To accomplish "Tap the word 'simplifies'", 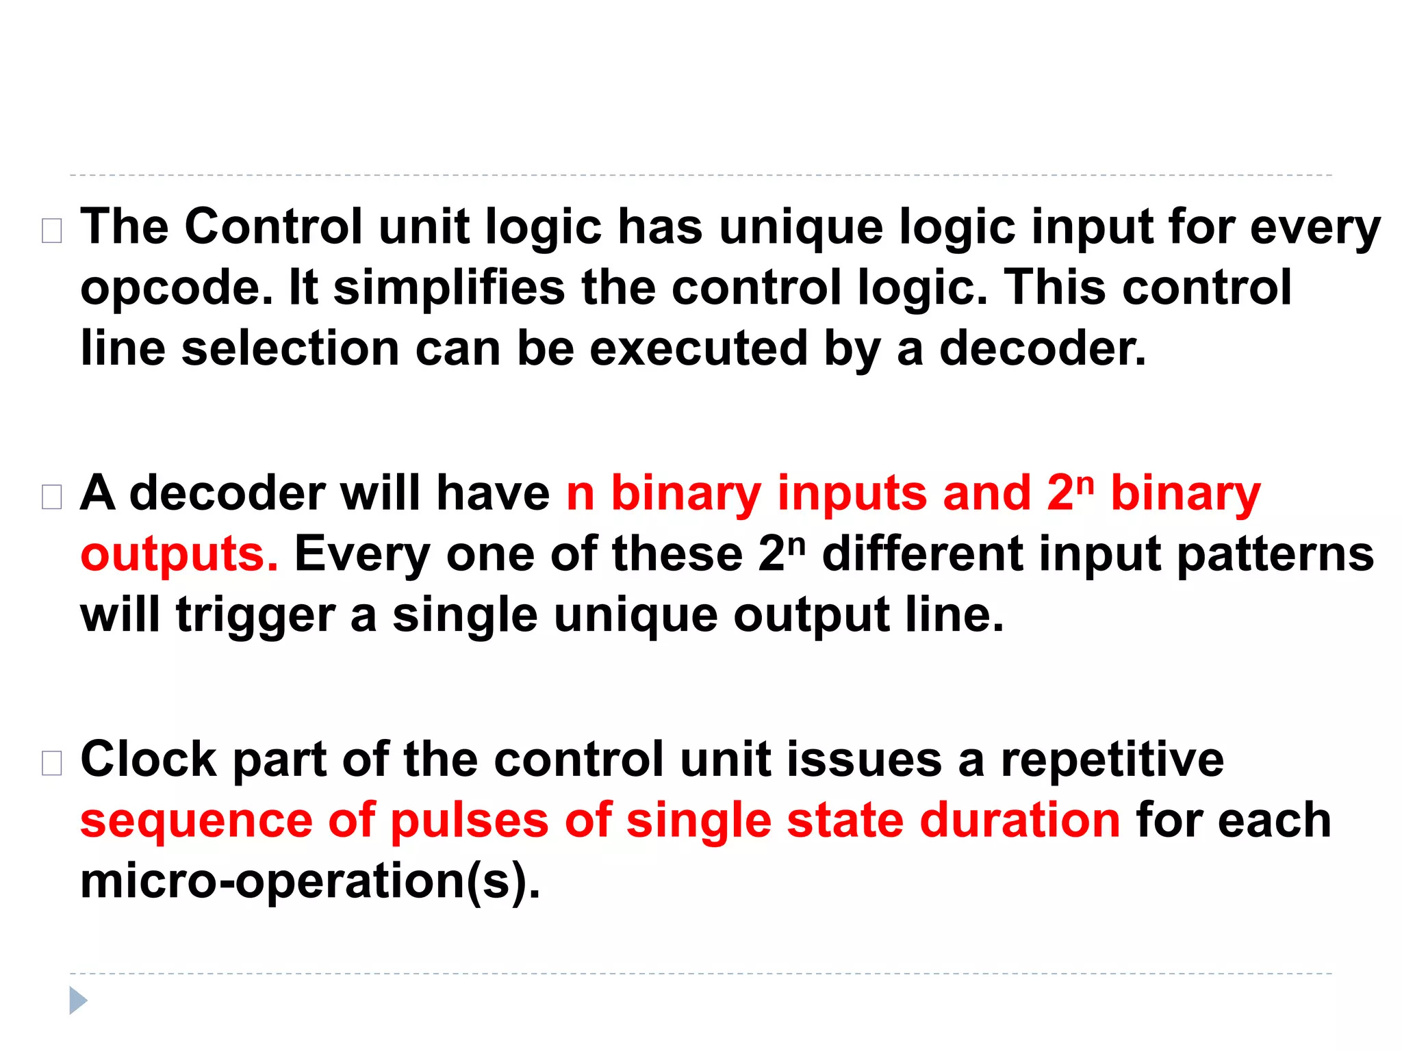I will [449, 287].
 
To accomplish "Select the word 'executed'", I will [698, 348].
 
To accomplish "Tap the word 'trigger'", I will [255, 616].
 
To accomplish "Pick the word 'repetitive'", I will [1112, 759].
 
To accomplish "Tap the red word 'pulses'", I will [469, 821].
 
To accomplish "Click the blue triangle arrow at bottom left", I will [78, 1000].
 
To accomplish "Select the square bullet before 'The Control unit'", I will [52, 231].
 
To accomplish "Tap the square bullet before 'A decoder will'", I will [52, 497].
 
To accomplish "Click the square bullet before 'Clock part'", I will [52, 763].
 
